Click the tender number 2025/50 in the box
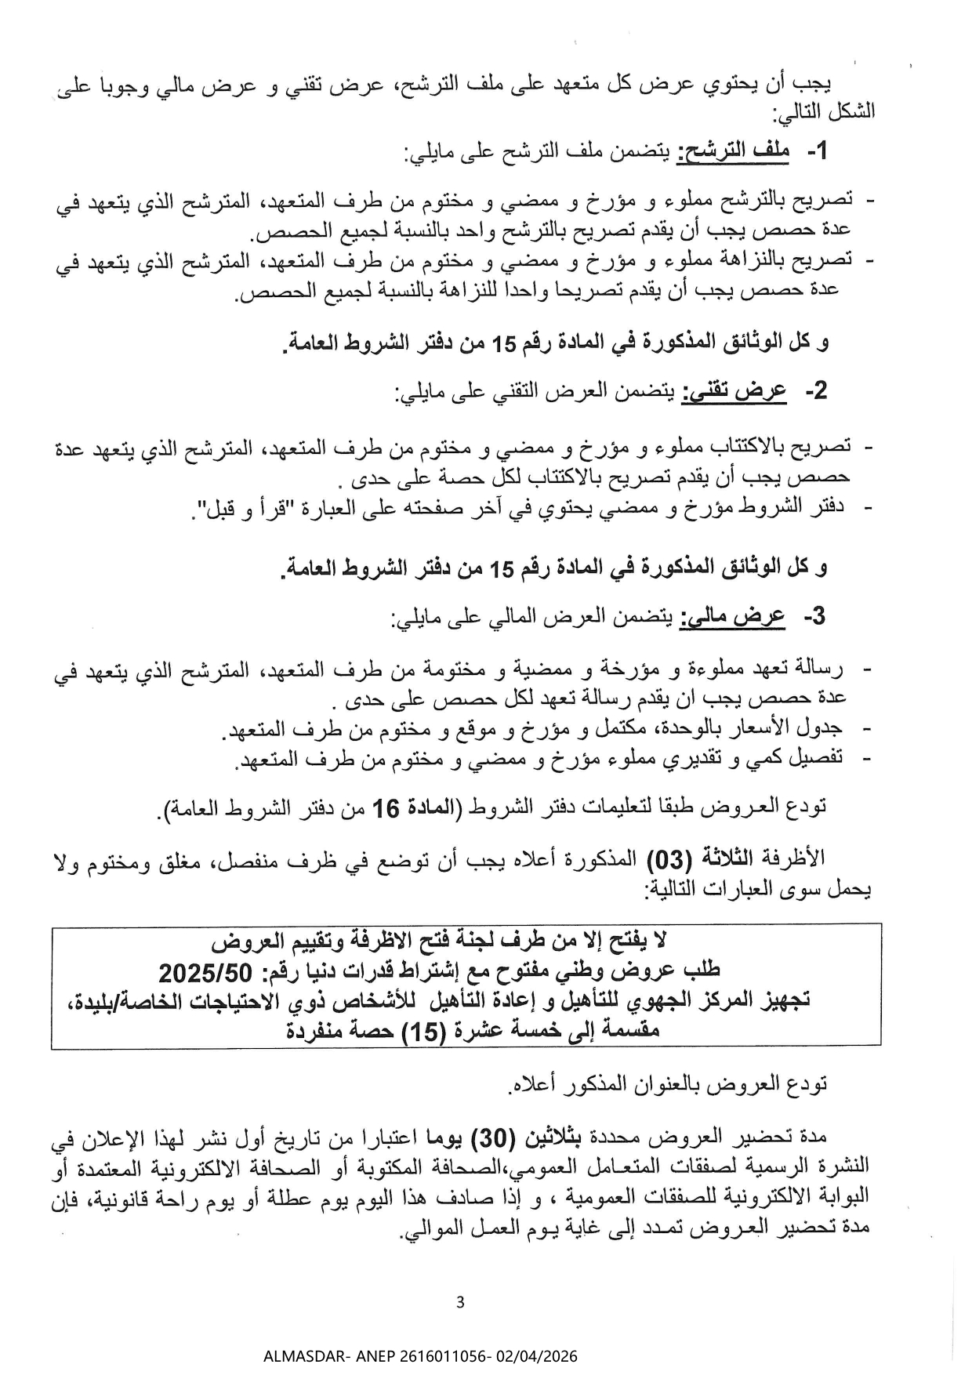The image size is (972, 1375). [x=205, y=974]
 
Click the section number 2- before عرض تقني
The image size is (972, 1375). [x=816, y=391]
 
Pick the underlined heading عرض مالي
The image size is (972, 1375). [x=734, y=618]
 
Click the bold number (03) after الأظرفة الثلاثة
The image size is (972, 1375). [x=668, y=860]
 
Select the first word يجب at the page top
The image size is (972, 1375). [x=814, y=82]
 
